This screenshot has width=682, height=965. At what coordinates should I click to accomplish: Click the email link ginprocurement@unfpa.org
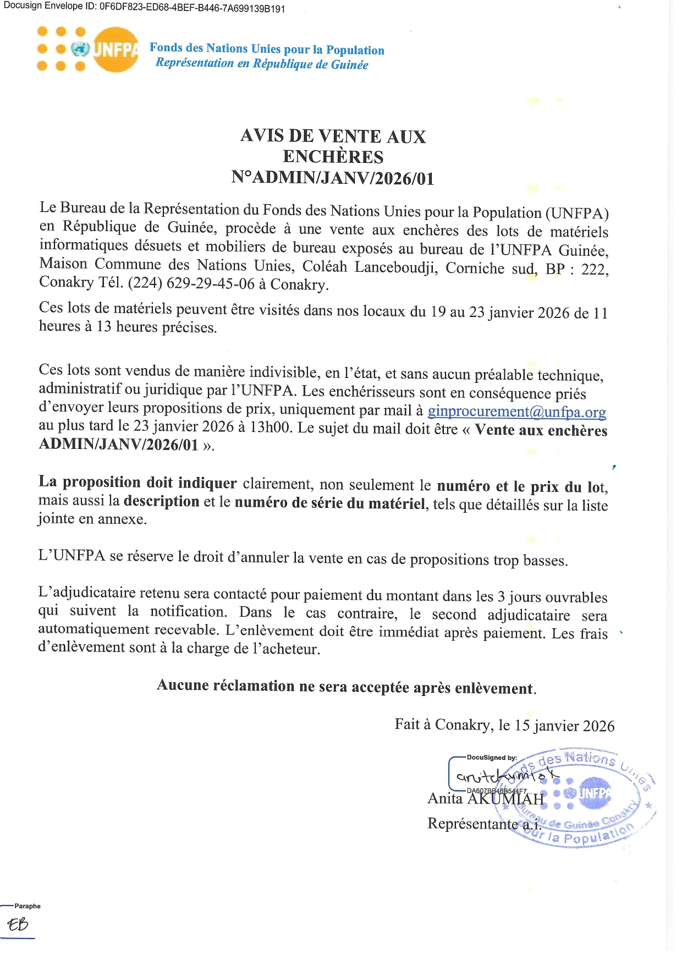click(x=516, y=412)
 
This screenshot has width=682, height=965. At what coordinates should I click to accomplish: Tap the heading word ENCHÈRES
click(x=333, y=157)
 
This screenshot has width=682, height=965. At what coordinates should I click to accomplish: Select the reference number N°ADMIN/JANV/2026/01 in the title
click(x=333, y=178)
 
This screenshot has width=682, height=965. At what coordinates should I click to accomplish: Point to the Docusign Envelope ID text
click(x=144, y=8)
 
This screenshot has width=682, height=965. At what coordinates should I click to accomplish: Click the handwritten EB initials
click(x=18, y=924)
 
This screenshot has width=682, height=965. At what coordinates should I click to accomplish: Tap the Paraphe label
click(x=28, y=906)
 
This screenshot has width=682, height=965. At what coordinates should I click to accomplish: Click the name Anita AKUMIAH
click(x=486, y=798)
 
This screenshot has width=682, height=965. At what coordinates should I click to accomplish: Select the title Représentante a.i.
click(x=484, y=824)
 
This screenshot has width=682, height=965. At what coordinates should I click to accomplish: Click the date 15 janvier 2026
click(x=564, y=726)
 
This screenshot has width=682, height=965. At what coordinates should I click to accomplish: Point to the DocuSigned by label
click(x=492, y=758)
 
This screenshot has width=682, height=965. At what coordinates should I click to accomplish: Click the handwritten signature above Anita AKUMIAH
click(x=506, y=776)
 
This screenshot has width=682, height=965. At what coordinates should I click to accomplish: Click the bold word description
click(x=161, y=501)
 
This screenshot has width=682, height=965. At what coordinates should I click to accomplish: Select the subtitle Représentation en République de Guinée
click(x=262, y=63)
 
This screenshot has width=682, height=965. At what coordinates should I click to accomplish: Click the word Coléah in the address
click(x=324, y=267)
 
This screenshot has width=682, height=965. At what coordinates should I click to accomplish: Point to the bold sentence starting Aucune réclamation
click(x=346, y=687)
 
